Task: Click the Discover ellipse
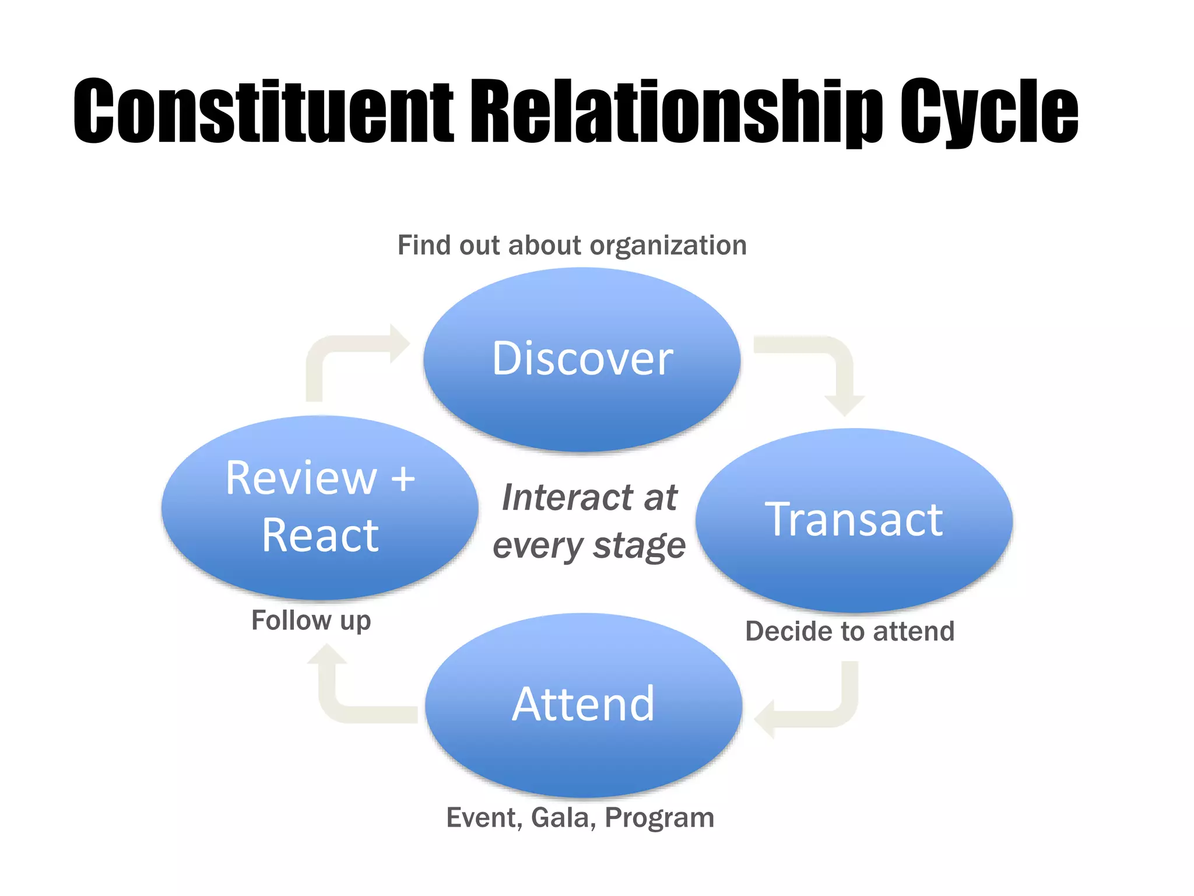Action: pos(582,359)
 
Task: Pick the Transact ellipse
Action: pos(854,519)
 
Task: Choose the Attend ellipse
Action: pos(583,705)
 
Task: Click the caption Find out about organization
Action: pos(572,245)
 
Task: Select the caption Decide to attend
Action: pos(849,631)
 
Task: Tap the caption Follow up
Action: pos(311,620)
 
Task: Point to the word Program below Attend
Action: pos(659,818)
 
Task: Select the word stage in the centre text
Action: pos(639,546)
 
